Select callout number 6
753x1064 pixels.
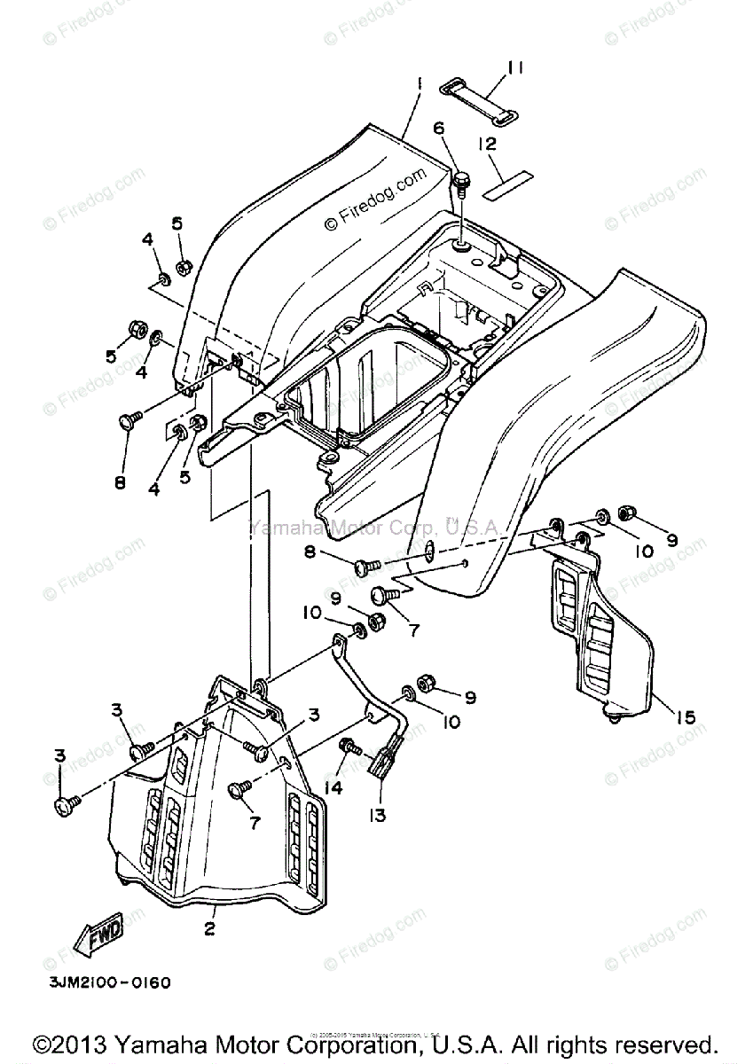[x=437, y=128]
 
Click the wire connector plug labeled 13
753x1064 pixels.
[x=386, y=761]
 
